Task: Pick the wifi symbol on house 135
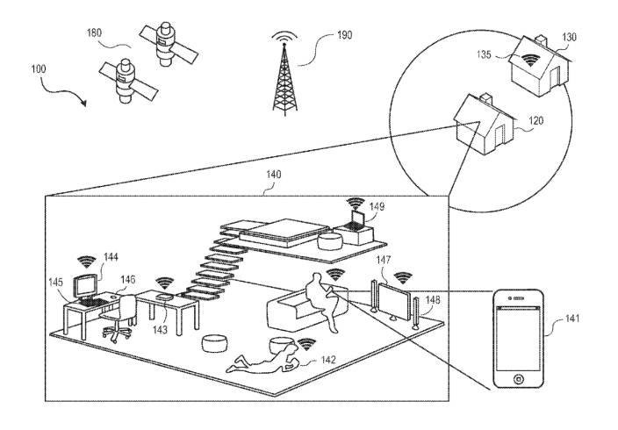(x=529, y=61)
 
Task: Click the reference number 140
(x=274, y=176)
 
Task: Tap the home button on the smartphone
(x=518, y=379)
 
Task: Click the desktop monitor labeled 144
(x=86, y=286)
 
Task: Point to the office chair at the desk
(x=119, y=318)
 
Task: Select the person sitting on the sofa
(x=323, y=301)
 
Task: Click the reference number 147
(x=383, y=262)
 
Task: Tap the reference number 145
(x=56, y=283)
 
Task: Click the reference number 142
(x=327, y=360)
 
